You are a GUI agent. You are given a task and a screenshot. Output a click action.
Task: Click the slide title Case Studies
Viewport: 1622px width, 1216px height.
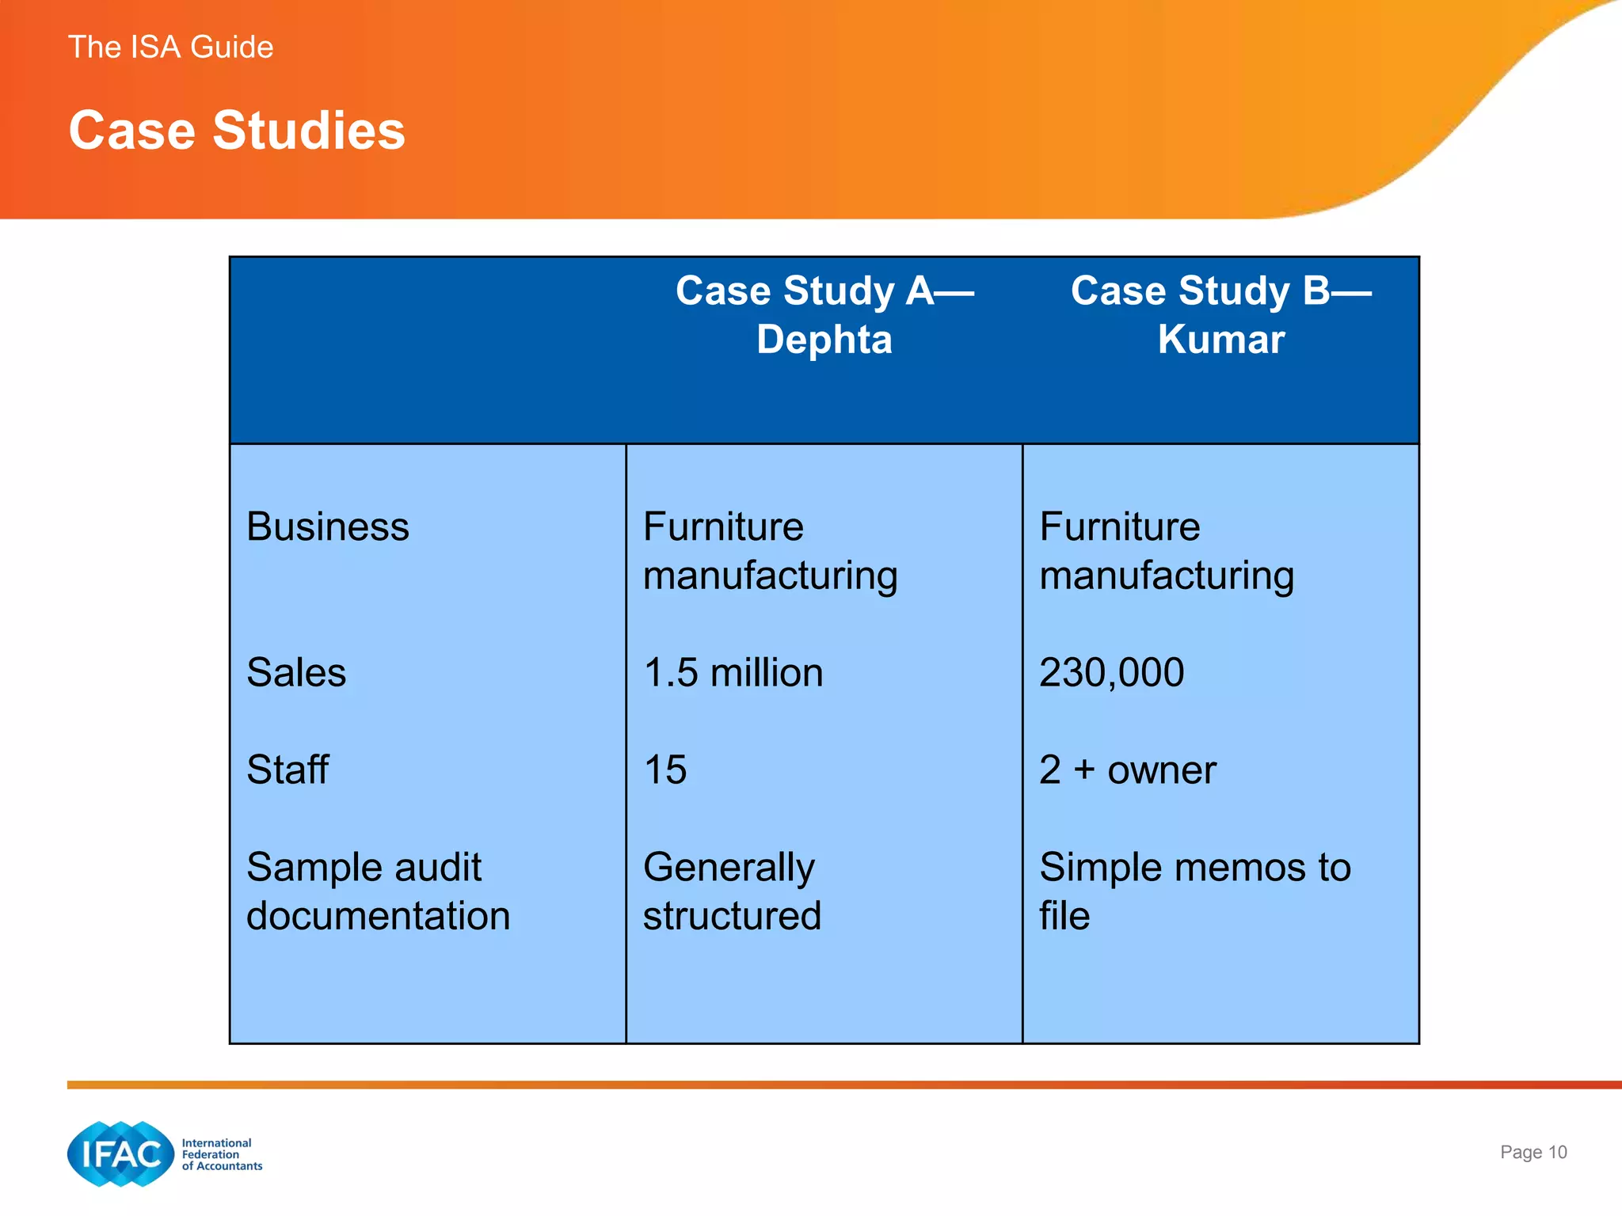(x=237, y=130)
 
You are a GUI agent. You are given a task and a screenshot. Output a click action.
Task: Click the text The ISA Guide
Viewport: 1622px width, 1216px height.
(x=170, y=47)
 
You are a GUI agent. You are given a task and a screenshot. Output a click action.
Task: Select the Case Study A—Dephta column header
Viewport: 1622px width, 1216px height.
(x=824, y=314)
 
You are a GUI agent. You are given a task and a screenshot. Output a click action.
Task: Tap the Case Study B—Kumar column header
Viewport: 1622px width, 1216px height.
(x=1220, y=314)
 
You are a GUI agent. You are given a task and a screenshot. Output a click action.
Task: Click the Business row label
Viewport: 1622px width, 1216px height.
(x=328, y=526)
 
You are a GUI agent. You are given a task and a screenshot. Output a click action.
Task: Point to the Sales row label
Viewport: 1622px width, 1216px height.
(x=296, y=673)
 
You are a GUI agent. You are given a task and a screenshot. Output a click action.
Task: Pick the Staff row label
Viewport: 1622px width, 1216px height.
(x=287, y=769)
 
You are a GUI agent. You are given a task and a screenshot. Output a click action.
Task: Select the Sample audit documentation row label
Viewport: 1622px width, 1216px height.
(x=378, y=891)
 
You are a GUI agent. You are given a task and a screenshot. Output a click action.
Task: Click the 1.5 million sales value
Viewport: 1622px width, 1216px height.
(x=733, y=673)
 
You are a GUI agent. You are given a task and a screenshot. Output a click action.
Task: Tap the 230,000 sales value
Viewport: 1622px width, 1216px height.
(x=1111, y=673)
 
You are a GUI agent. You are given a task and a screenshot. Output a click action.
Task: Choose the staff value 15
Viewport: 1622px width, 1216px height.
(x=665, y=769)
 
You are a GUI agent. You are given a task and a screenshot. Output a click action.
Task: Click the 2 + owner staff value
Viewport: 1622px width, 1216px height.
(x=1127, y=769)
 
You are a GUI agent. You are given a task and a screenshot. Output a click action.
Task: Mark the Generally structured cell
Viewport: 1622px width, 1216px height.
(x=732, y=891)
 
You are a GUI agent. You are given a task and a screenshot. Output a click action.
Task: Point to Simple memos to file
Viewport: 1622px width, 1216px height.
(x=1194, y=891)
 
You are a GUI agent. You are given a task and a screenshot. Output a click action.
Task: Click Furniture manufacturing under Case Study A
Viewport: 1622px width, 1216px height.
(x=770, y=551)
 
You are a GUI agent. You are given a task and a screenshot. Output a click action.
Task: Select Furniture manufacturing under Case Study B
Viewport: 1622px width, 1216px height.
(x=1167, y=551)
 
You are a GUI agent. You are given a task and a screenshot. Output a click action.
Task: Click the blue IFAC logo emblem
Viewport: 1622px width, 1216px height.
(x=120, y=1153)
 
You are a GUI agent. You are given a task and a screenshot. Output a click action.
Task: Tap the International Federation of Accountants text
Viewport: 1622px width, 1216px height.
(x=222, y=1154)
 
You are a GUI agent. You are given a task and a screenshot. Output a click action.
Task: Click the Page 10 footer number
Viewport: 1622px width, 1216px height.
(x=1533, y=1152)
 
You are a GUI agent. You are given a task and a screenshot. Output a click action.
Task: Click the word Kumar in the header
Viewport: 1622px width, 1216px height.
(x=1220, y=340)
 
